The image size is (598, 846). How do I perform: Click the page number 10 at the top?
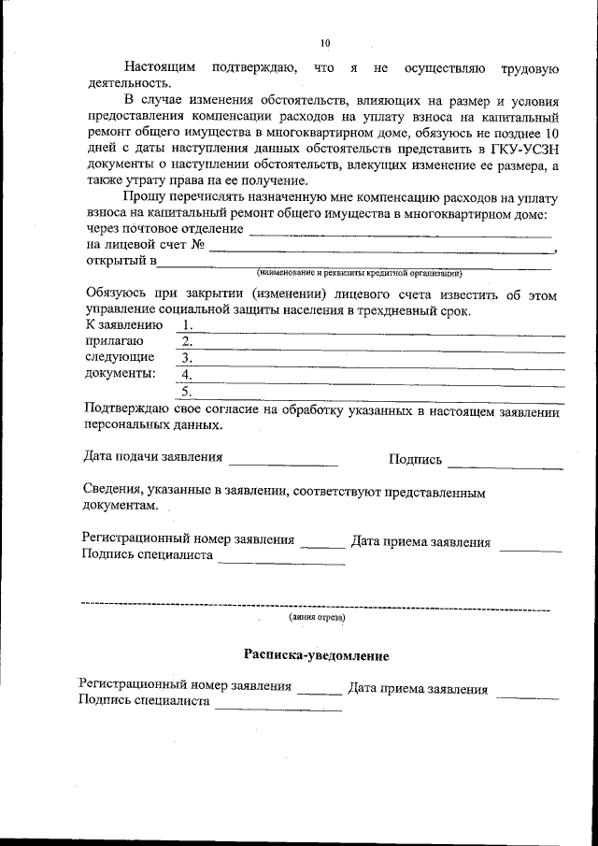tap(324, 43)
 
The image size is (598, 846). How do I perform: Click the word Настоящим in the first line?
tap(161, 67)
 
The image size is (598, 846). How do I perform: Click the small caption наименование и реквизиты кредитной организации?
tap(360, 273)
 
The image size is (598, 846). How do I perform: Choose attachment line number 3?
tap(374, 359)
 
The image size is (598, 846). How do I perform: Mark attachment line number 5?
tap(374, 392)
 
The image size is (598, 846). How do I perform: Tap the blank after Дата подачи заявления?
tap(283, 461)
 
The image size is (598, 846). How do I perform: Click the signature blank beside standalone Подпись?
tap(505, 462)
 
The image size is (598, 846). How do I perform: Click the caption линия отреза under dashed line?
tap(317, 618)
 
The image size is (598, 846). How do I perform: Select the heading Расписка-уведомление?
tap(316, 656)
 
